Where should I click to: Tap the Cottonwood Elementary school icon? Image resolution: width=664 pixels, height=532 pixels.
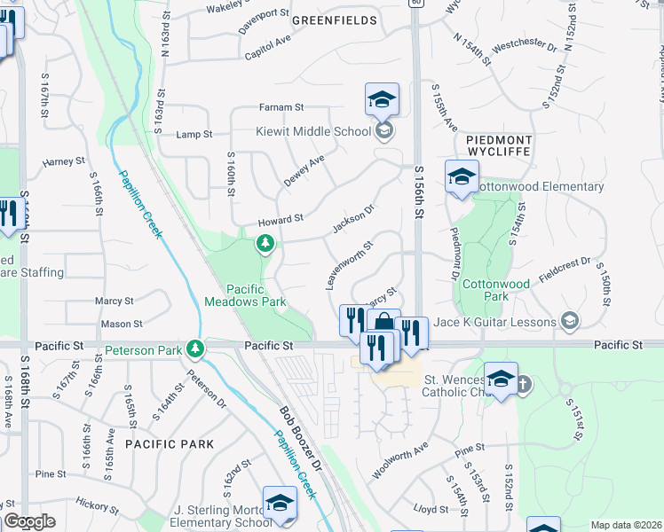(462, 177)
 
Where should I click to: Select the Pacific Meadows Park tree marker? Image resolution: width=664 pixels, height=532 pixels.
(265, 243)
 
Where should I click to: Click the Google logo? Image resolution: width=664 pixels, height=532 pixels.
(29, 521)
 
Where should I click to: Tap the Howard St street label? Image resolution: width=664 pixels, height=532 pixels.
(281, 218)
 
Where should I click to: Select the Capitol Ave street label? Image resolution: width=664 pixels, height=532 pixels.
(268, 47)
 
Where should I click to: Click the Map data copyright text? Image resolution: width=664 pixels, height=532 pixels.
(626, 525)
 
